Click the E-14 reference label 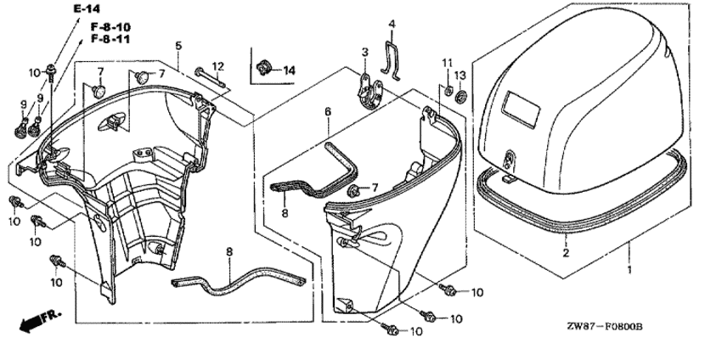[x=87, y=8]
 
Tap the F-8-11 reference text [x=110, y=39]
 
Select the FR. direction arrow [x=40, y=321]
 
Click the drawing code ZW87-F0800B [x=605, y=327]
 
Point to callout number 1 [x=629, y=270]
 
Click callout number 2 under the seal [x=566, y=252]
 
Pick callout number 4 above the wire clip [x=392, y=24]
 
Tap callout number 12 [x=217, y=66]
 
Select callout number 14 [x=289, y=70]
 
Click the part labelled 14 [x=263, y=68]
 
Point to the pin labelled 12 [x=210, y=78]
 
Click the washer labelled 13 [x=460, y=97]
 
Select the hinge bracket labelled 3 [x=370, y=91]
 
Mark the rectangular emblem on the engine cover [x=522, y=110]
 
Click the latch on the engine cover [x=510, y=161]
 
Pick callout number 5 [x=178, y=46]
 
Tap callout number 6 [x=328, y=112]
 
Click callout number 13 [x=460, y=75]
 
